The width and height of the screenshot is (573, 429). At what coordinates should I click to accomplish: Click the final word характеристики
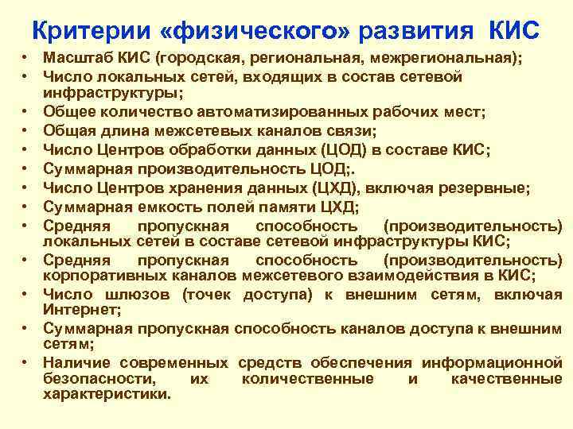coord(107,393)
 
